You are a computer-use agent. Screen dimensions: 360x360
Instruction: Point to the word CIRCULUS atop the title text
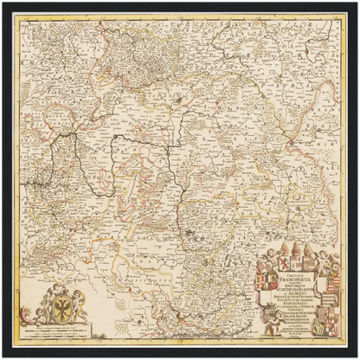pyautogui.click(x=294, y=274)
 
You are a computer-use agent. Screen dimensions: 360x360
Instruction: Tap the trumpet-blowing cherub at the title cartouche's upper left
pyautogui.click(x=270, y=255)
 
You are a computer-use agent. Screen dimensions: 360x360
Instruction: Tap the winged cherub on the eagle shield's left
pyautogui.click(x=54, y=294)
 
